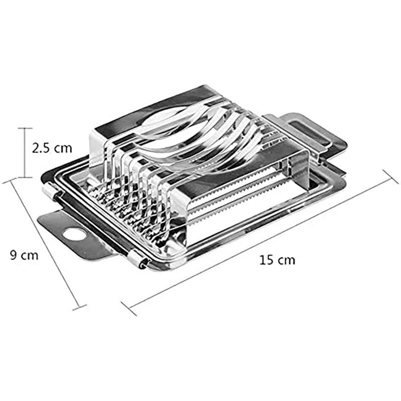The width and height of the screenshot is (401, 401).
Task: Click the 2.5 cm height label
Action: point(52,148)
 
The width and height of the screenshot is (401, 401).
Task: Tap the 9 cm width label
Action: point(24,255)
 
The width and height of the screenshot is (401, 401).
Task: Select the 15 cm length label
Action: point(277,260)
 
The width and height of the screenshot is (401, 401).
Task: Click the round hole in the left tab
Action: point(74,234)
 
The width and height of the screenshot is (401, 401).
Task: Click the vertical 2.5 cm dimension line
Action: point(25,153)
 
